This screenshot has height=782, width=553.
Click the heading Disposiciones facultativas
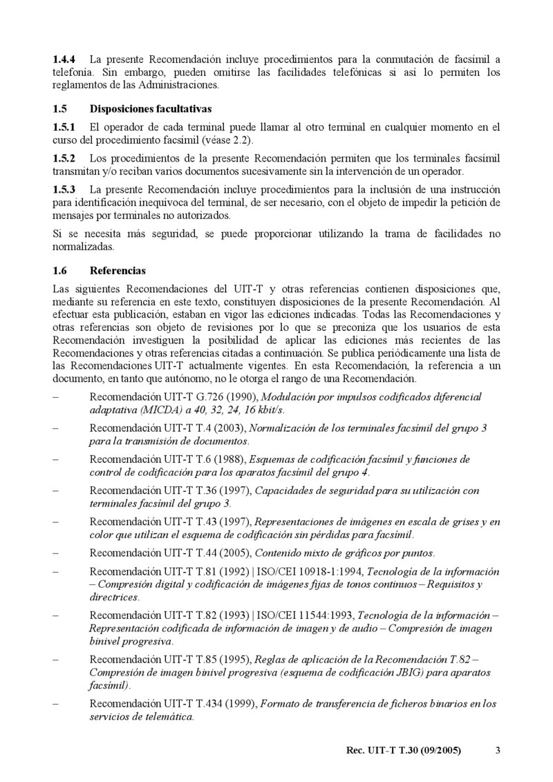151,109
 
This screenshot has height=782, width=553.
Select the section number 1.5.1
64,127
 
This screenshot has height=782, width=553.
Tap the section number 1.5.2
64,159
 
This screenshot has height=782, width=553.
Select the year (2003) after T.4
229,428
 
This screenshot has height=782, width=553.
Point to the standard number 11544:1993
324,615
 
